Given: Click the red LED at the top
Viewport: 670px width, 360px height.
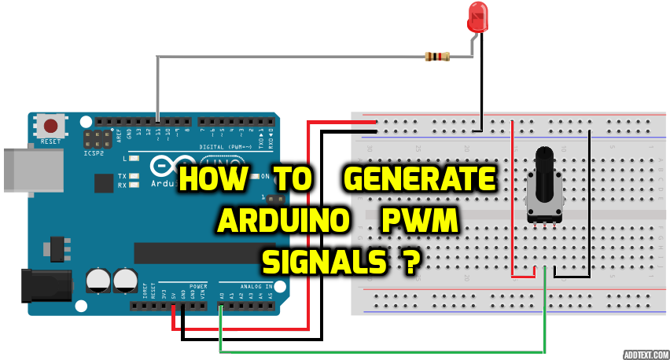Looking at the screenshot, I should coord(477,17).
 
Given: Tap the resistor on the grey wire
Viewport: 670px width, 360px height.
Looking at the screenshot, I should coord(436,56).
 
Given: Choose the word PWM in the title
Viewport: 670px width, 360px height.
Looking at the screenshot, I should coord(419,222).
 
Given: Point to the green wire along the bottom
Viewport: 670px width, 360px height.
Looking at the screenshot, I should coord(377,351).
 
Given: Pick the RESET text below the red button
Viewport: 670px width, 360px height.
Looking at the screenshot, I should coord(50,141).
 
